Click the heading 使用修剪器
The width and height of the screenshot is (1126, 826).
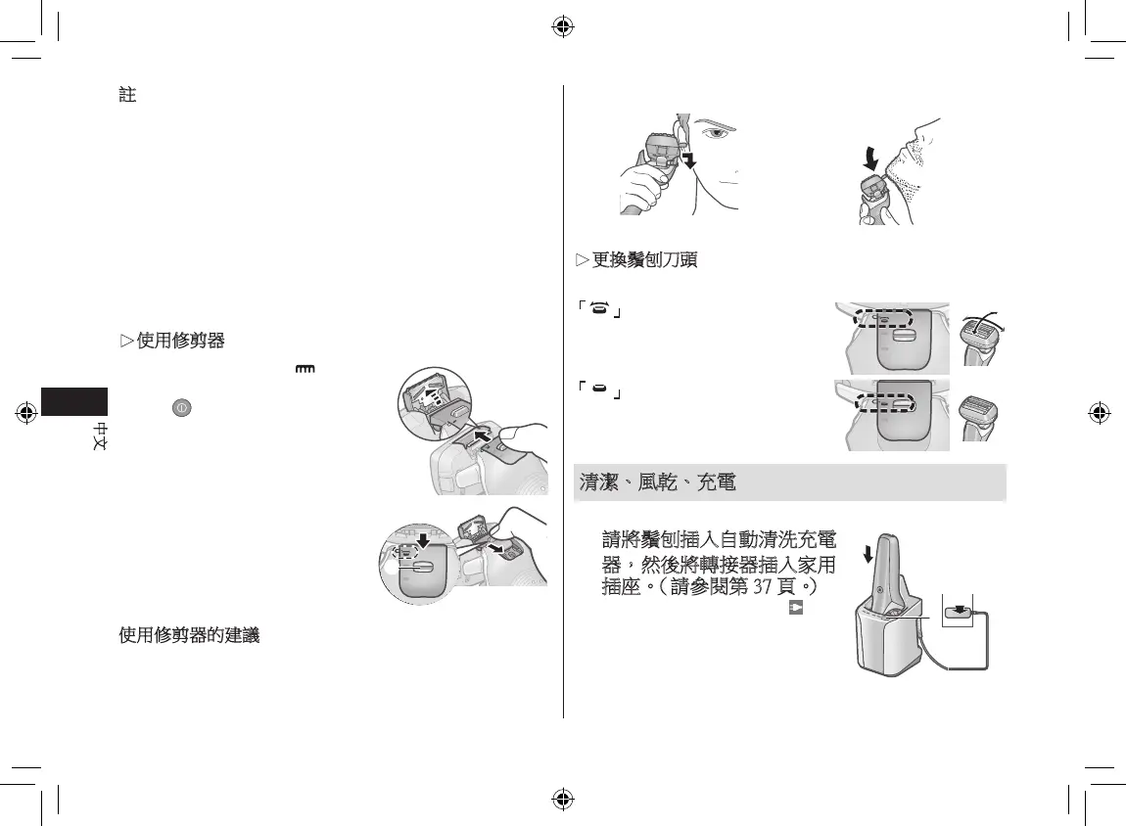point(177,341)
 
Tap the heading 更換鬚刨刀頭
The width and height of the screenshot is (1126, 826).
point(642,261)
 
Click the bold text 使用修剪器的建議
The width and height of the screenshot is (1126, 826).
point(189,635)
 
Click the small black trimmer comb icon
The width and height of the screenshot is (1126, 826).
point(306,370)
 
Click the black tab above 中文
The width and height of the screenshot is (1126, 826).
point(75,400)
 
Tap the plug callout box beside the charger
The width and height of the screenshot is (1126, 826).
point(957,611)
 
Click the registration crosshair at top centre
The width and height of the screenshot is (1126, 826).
point(562,25)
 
